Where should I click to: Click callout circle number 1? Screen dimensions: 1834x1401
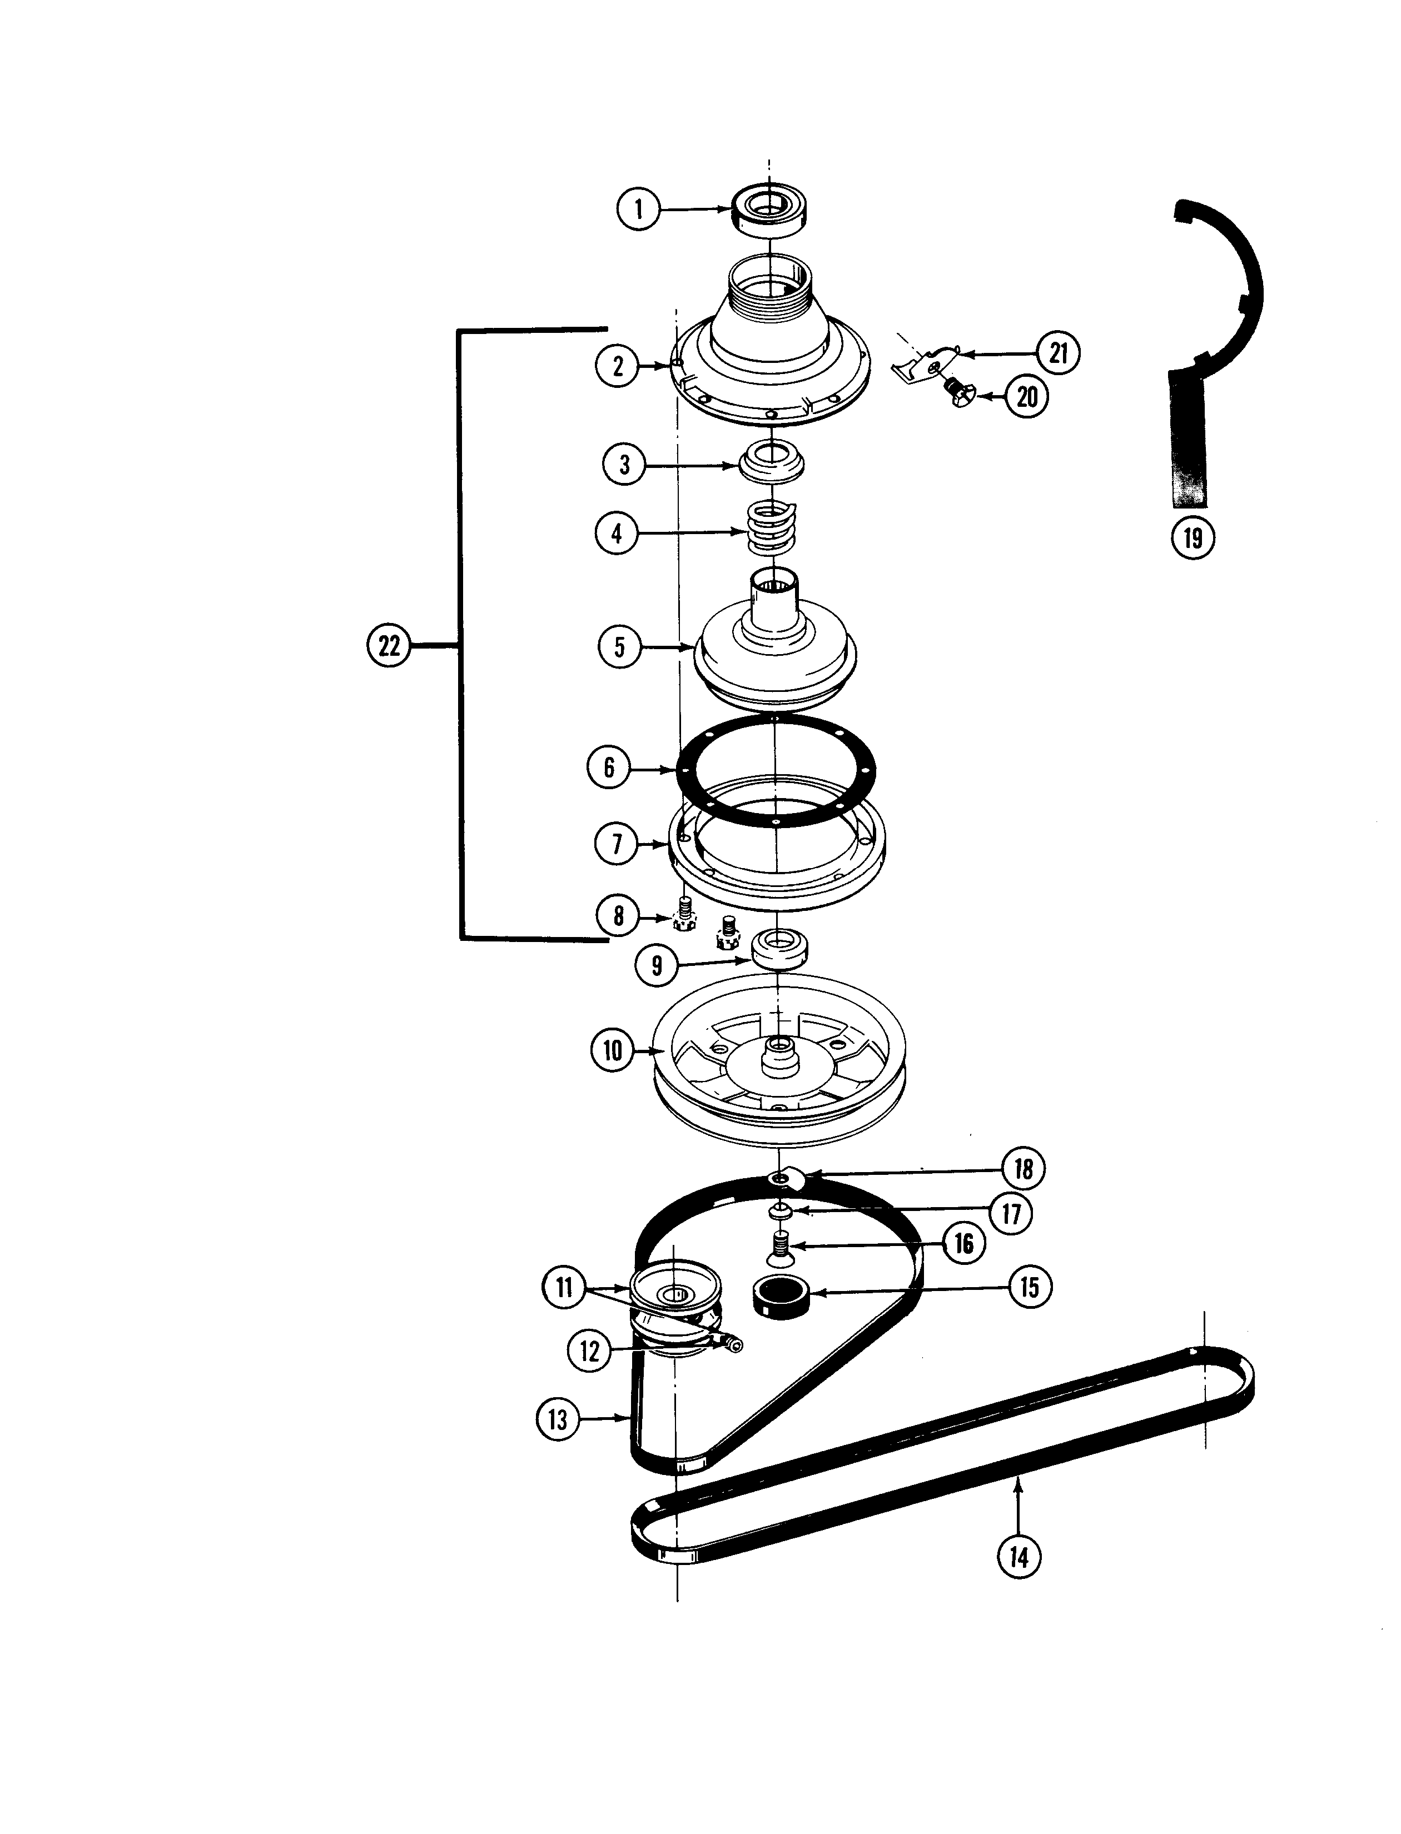638,209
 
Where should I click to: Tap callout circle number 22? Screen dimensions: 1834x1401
389,645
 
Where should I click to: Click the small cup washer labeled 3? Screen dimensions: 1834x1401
772,462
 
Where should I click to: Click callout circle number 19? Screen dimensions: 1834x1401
1193,538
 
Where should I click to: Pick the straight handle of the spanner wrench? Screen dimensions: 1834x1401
1188,442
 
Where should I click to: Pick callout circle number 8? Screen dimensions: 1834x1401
618,916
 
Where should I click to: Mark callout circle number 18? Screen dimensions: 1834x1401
1023,1169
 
